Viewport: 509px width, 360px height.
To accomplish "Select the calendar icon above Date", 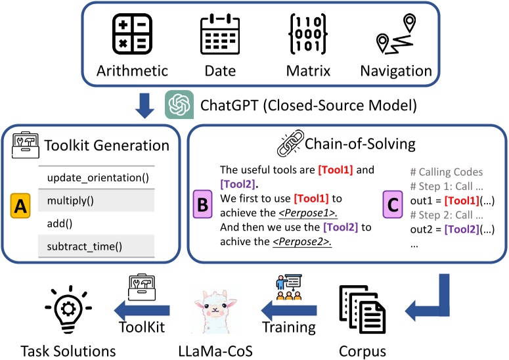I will (219, 32).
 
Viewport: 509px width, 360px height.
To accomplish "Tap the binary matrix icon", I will (307, 32).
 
